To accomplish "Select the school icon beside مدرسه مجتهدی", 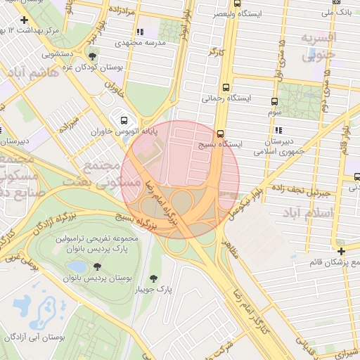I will click(139, 32).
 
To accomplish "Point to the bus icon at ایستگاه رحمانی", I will click(225, 88).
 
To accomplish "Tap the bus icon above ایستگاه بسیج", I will click(220, 133).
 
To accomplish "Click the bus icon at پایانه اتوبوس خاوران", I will click(124, 120).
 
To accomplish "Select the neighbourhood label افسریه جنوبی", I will click(319, 46).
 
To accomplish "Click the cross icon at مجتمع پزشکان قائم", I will click(341, 251).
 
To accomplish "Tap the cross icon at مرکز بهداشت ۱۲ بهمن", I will click(24, 20).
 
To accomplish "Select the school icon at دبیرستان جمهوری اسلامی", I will click(279, 130).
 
